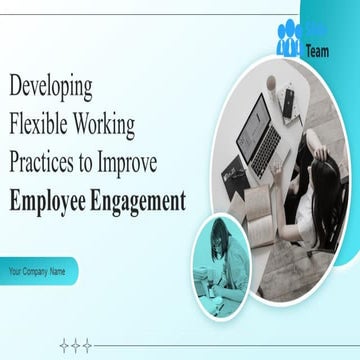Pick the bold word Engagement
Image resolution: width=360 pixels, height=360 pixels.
pos(141,200)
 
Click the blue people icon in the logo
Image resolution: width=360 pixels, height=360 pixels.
pos(289,38)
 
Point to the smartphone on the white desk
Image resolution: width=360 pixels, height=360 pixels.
pos(289,99)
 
